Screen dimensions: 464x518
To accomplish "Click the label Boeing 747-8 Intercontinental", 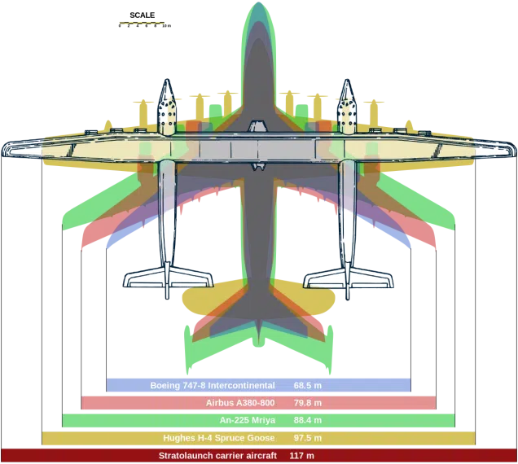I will pos(212,385).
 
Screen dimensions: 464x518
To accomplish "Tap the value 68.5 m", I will pos(308,385).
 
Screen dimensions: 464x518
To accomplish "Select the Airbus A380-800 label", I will pos(240,403).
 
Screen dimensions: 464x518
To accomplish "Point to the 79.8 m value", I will pos(308,403).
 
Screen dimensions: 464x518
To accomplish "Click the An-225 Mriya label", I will pos(248,420).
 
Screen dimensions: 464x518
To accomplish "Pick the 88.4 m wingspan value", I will pos(308,420).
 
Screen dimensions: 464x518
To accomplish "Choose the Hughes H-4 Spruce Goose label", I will pos(218,438).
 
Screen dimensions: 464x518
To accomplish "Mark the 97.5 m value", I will pos(308,438).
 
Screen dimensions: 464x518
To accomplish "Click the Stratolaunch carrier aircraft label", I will pos(217,455).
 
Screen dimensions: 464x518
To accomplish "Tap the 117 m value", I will pos(301,455).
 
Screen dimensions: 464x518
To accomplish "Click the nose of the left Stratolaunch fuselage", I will pos(167,84).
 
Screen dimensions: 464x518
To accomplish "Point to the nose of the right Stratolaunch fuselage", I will pos(348,84).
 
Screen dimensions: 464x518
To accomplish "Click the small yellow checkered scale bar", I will pos(142,23).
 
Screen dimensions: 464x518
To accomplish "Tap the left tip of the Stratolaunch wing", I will pos(5,147).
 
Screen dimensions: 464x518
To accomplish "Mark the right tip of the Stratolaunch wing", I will pos(513,147).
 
